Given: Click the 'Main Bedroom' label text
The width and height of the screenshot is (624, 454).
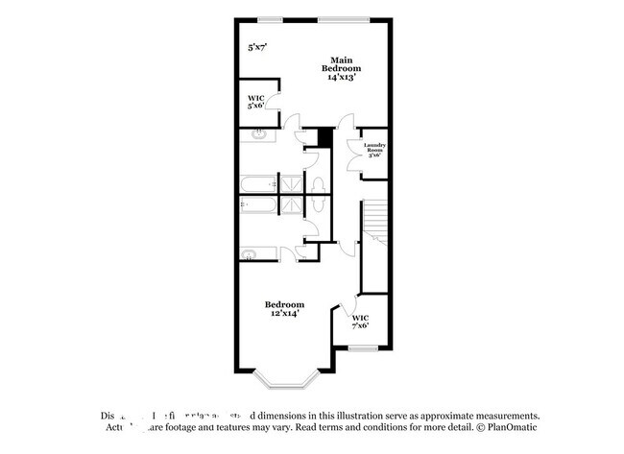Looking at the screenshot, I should tap(341, 63).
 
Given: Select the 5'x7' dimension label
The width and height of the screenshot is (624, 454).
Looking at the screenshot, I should tap(256, 47).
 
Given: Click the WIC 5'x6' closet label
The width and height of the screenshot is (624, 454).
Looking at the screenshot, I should tap(255, 101).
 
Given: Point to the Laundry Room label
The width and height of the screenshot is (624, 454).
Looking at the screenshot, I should tap(374, 149).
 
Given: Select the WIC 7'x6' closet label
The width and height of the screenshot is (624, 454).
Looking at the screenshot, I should tap(360, 322).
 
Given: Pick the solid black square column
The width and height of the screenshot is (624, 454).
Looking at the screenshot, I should tap(325, 138).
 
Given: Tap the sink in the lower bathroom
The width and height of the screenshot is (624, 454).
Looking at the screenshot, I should tap(249, 254).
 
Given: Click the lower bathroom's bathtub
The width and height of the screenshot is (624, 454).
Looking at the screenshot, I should tap(258, 204).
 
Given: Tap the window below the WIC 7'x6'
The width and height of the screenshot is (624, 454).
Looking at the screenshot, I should tap(360, 348).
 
